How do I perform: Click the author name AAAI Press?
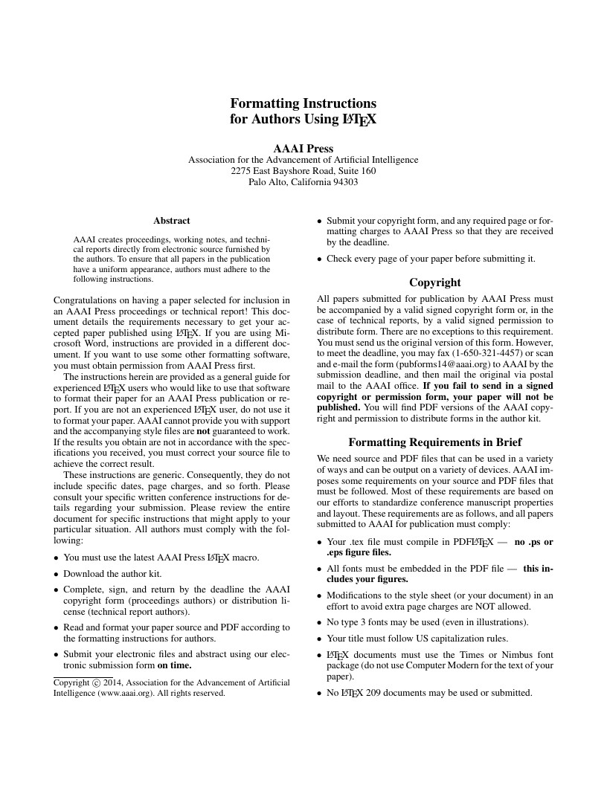[303, 148]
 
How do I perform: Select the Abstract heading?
[172, 221]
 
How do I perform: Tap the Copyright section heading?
[435, 282]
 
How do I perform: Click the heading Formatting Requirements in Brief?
[435, 442]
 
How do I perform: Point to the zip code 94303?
[345, 181]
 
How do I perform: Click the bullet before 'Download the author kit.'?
[57, 574]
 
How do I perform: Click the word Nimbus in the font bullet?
[508, 655]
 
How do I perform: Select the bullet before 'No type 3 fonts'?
[320, 622]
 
